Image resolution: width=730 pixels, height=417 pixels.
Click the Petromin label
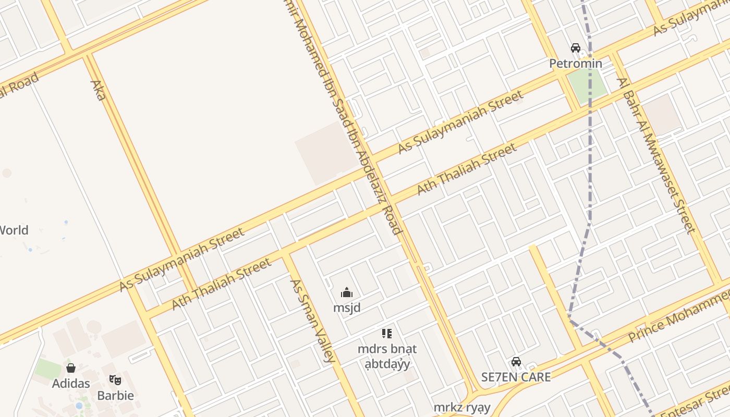576,64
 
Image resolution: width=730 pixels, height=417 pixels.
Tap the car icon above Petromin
576,48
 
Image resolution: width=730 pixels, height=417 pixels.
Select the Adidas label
71,384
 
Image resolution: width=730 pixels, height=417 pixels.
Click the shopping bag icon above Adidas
71,368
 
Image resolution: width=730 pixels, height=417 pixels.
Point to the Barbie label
115,395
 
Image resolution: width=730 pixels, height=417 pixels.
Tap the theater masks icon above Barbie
115,379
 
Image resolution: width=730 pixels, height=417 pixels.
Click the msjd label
347,308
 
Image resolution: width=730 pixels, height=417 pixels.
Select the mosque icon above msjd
347,292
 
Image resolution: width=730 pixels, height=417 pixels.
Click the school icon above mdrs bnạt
387,333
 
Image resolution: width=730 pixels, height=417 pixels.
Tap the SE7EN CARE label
516,377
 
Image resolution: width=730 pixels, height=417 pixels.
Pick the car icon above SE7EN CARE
516,361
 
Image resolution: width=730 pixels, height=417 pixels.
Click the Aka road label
98,90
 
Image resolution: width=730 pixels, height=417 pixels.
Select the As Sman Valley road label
312,321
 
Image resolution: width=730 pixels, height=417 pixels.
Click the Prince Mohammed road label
678,317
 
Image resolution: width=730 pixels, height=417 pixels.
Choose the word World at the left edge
14,230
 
